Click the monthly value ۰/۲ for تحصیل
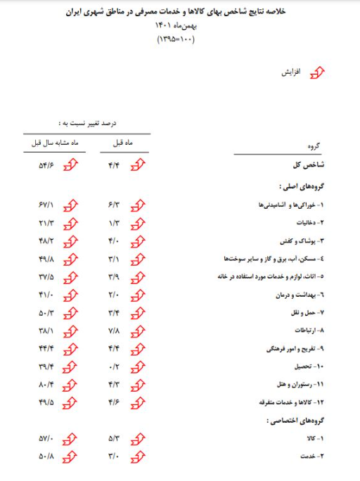[117, 366]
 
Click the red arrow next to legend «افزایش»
[319, 73]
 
